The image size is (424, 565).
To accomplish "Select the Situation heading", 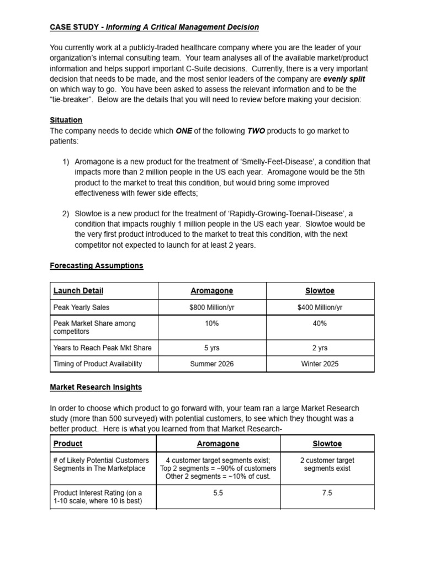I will point(66,120).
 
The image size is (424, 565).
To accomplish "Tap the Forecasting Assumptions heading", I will point(97,265).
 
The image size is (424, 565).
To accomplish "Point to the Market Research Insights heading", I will point(96,387).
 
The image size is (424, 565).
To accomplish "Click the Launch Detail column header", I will point(78,291).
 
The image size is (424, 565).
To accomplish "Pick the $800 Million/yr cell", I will point(211,307).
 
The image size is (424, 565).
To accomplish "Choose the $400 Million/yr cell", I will point(320,307).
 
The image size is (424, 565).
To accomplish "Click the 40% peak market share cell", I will point(320,323).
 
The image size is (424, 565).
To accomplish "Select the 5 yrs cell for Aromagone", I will point(211,348).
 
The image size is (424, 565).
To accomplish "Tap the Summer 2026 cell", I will point(211,364).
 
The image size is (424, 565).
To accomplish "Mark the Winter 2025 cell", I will point(320,364).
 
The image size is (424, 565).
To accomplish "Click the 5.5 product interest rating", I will point(218,493).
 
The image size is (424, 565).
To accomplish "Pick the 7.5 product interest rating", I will point(327,493).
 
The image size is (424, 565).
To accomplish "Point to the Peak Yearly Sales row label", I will point(81,307).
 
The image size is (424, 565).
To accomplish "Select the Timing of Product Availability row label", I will point(98,364).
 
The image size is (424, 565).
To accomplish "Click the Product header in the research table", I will point(68,444).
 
